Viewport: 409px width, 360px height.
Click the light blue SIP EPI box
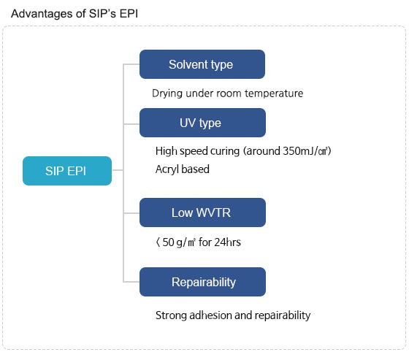coord(67,171)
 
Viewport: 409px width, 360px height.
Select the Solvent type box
coord(202,64)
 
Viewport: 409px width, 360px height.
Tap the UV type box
coord(202,123)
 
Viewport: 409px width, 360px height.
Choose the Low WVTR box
coord(202,212)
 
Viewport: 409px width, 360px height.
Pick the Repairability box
coord(202,282)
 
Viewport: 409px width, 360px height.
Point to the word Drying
coord(167,93)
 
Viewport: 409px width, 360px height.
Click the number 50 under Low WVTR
coord(168,242)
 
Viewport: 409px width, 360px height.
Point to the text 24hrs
coord(227,242)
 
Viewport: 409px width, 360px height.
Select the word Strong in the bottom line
coord(171,315)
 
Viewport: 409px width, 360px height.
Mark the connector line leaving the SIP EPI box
coord(118,170)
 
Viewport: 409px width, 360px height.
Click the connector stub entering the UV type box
coord(131,124)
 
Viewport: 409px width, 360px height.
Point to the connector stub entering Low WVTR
coord(131,213)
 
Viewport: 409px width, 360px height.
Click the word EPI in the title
coord(129,14)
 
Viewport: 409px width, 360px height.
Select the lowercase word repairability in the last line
coord(283,315)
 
